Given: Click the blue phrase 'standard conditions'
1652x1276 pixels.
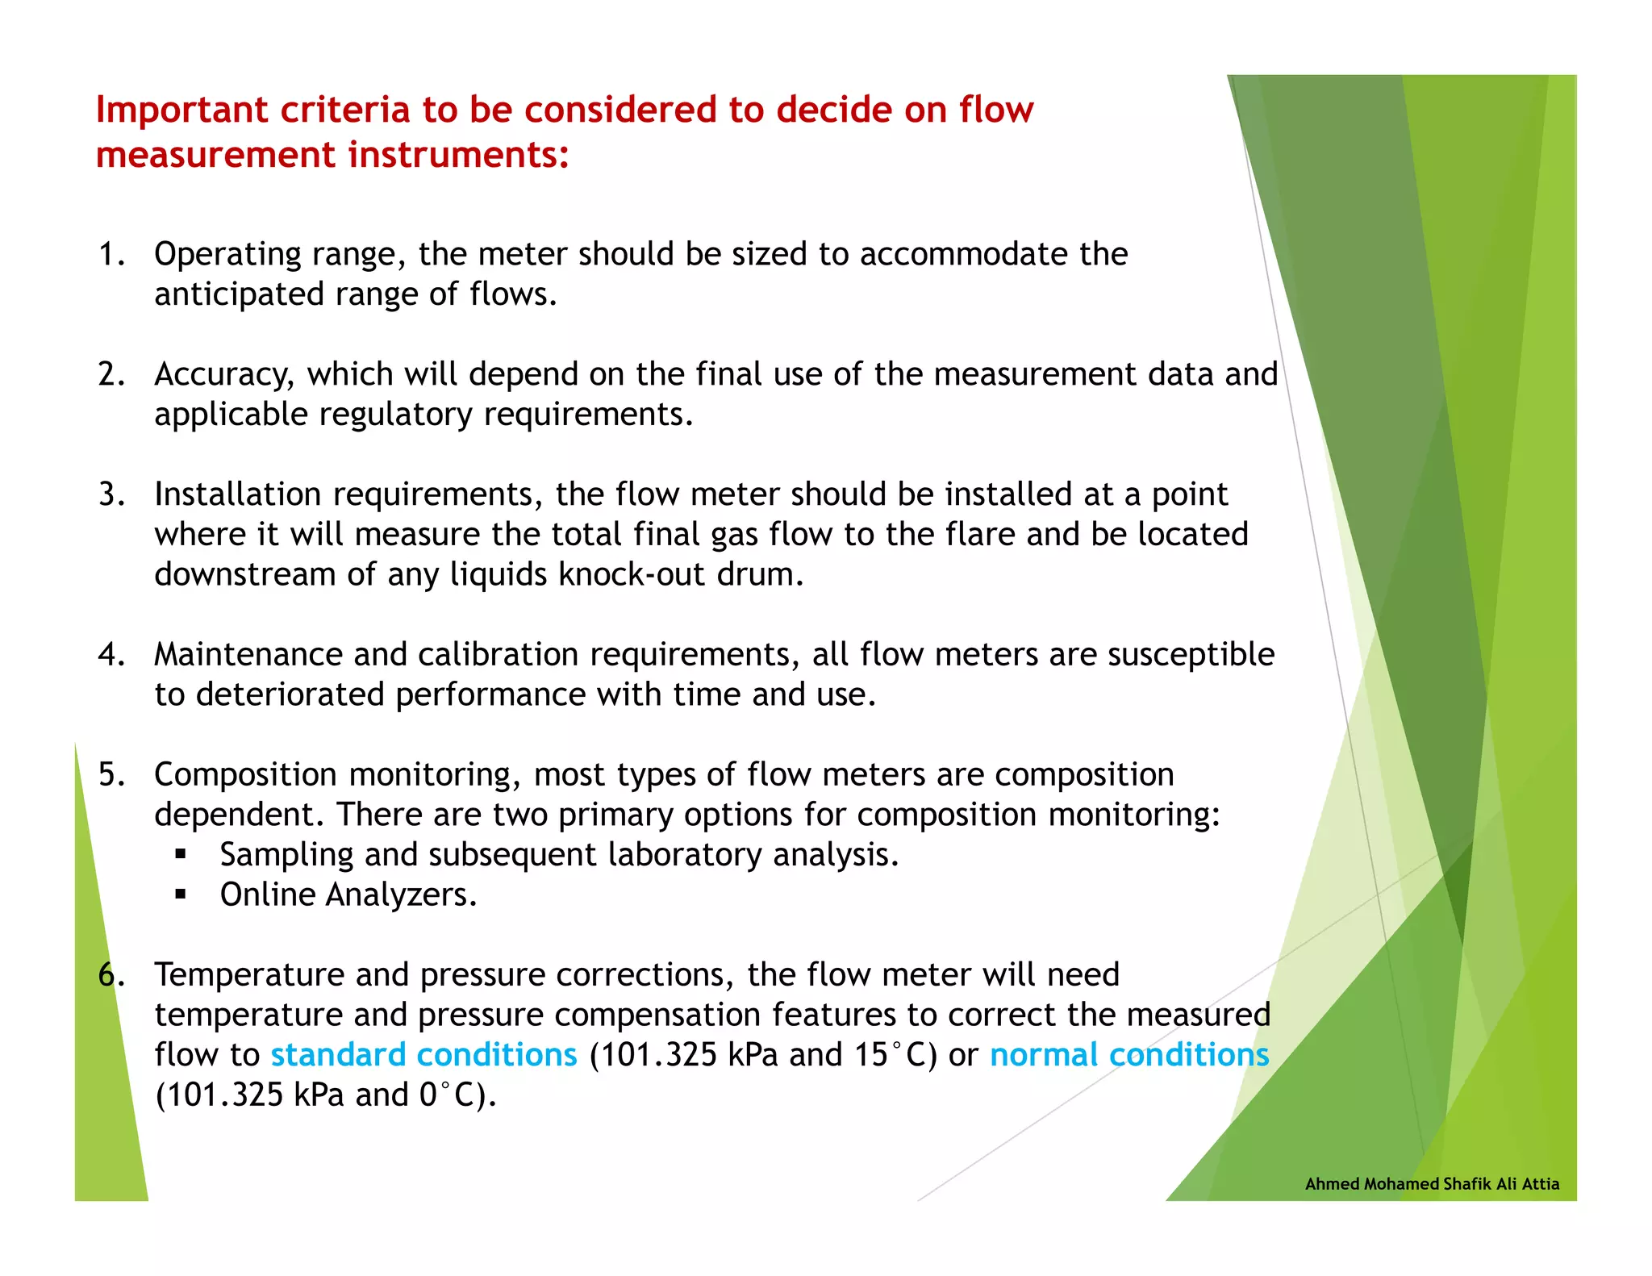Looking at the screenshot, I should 423,1054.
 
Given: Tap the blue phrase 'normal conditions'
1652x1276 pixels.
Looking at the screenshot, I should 1129,1054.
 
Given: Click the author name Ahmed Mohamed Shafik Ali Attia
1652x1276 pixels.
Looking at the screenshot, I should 1432,1183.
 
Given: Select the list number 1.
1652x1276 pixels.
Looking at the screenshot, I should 111,254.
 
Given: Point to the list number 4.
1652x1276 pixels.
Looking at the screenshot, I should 111,654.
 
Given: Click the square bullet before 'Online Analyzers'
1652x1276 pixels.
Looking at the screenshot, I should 180,894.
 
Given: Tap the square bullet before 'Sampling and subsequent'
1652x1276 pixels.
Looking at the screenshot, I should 180,854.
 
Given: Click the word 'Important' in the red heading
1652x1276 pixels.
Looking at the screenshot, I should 181,110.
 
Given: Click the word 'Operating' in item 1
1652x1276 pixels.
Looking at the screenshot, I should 227,254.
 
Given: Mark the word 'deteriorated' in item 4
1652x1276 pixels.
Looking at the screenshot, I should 290,694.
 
